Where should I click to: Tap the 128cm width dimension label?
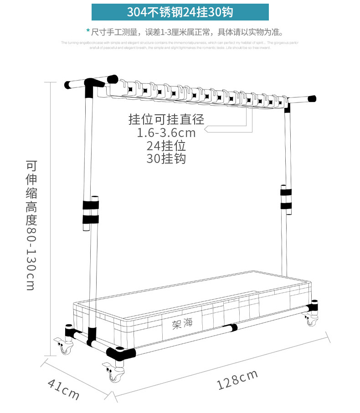click(x=237, y=380)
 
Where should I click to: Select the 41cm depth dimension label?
click(x=63, y=388)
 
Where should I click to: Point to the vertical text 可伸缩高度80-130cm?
click(x=31, y=225)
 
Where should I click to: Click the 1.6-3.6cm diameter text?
click(x=166, y=133)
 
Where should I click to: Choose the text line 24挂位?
click(x=166, y=146)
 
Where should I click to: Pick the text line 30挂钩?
click(x=166, y=158)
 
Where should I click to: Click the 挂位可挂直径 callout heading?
click(x=166, y=120)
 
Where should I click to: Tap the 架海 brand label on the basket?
click(x=183, y=324)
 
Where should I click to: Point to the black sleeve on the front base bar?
click(x=233, y=327)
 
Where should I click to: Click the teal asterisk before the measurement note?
click(x=88, y=31)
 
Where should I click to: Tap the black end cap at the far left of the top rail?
click(x=67, y=85)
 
